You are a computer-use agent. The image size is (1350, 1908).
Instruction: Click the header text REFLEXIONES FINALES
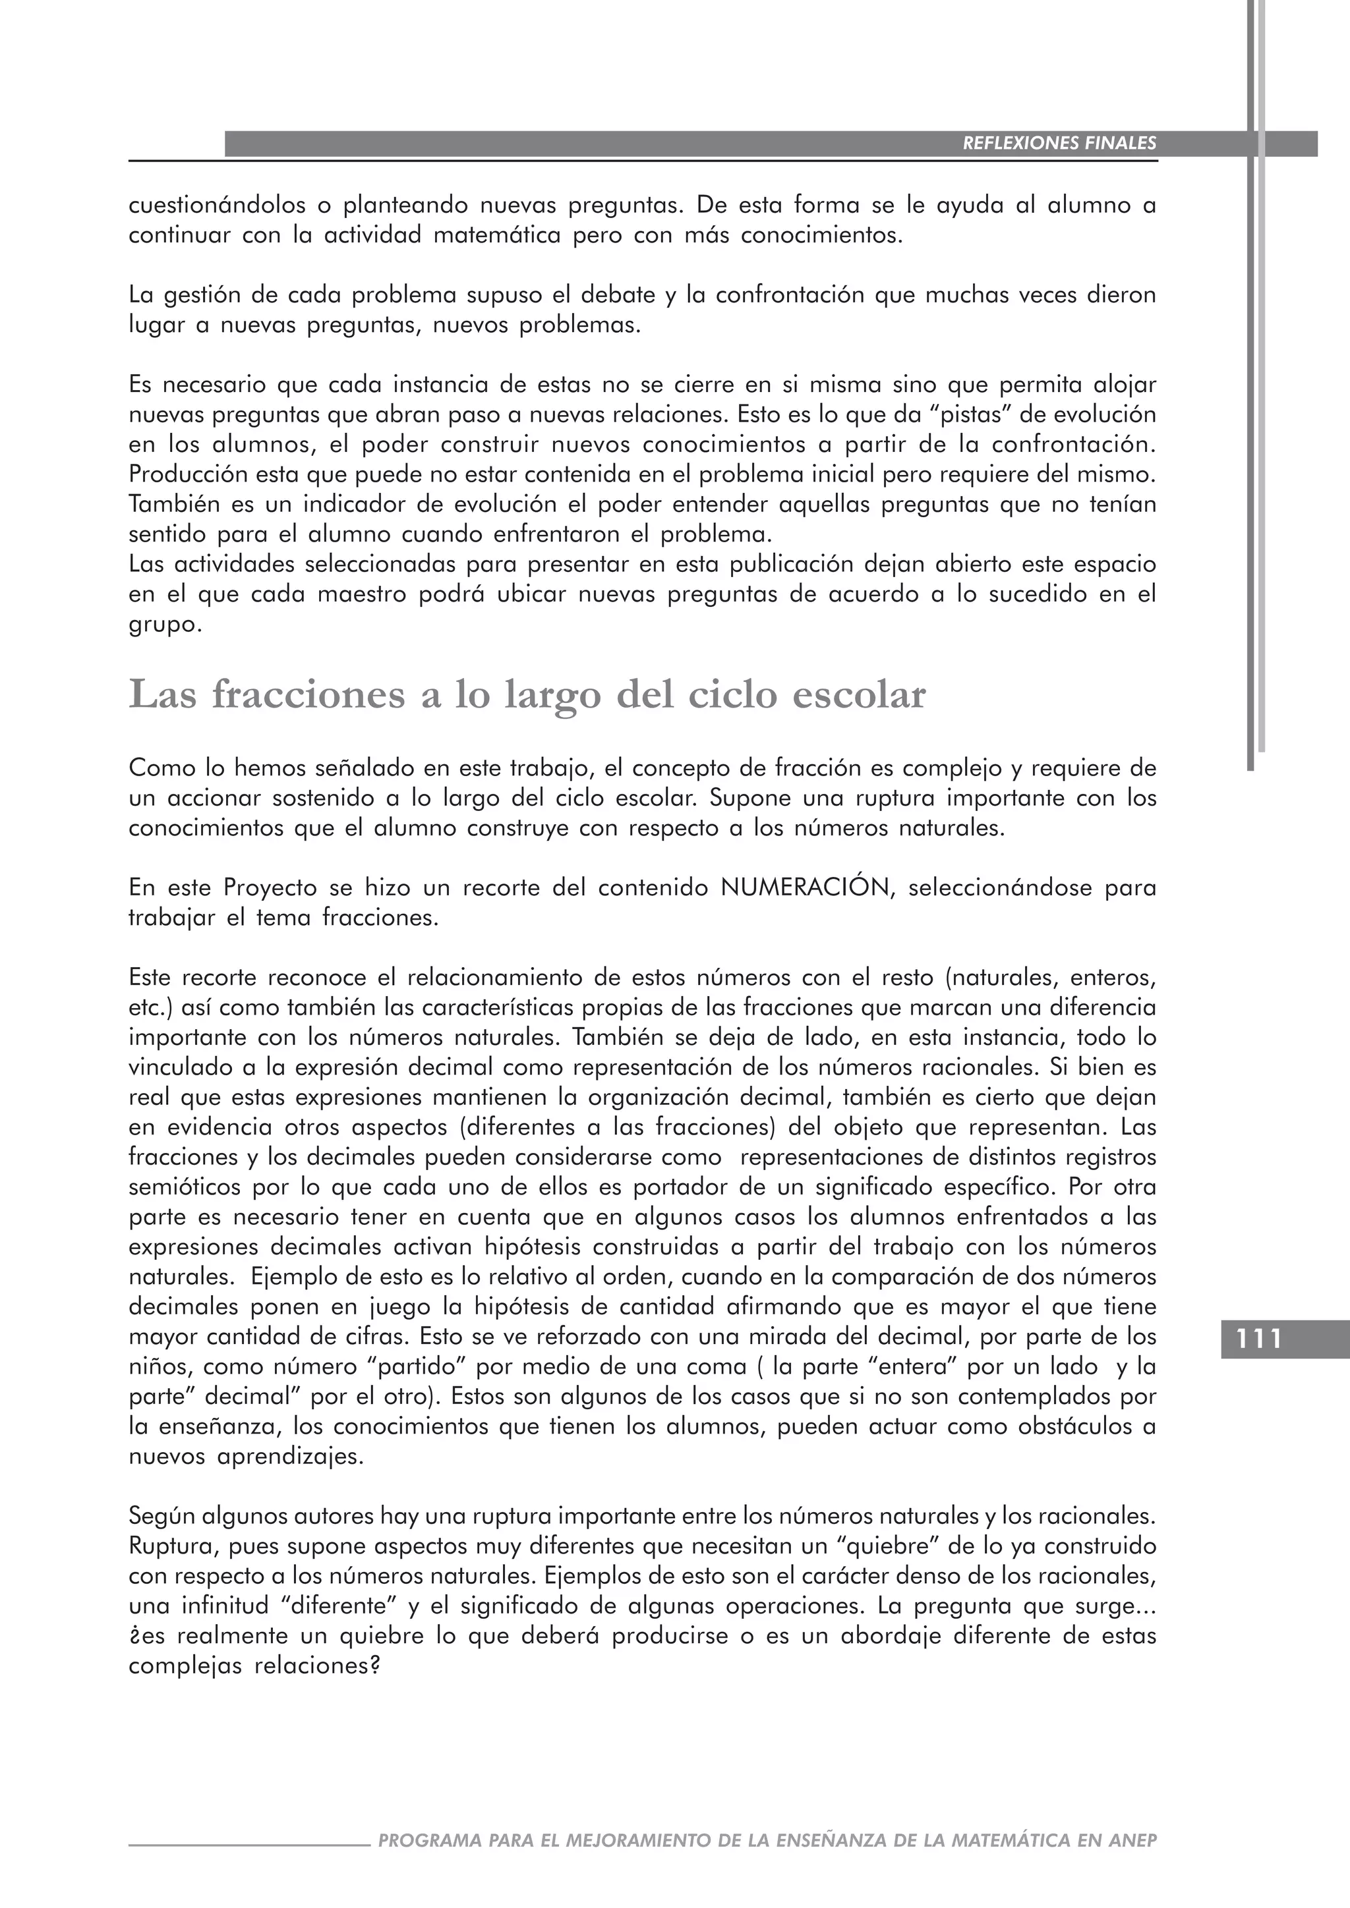click(1059, 143)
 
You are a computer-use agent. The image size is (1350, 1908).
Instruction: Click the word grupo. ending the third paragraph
click(165, 624)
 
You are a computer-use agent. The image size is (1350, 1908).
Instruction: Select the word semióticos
click(185, 1187)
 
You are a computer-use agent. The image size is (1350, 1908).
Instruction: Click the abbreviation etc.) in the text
click(150, 1007)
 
